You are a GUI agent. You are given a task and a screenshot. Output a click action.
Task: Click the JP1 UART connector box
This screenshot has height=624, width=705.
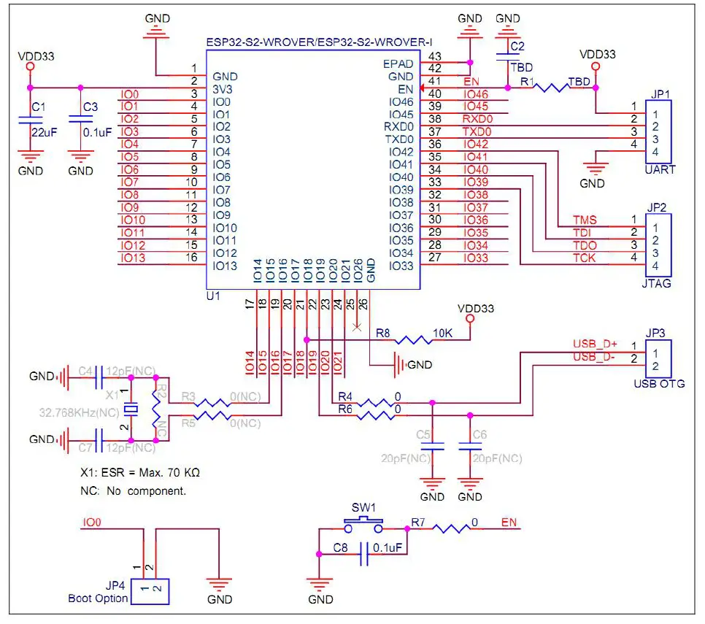(x=658, y=132)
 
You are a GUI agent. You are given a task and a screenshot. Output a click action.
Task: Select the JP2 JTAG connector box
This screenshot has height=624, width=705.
(x=658, y=245)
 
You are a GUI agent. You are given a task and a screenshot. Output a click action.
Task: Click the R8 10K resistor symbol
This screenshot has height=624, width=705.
(x=414, y=340)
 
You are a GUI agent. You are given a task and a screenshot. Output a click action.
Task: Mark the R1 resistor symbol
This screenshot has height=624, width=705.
(x=549, y=88)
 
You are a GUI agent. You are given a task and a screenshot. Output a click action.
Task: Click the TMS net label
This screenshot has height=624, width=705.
(x=584, y=220)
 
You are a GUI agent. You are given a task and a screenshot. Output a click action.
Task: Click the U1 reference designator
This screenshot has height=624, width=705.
(x=213, y=296)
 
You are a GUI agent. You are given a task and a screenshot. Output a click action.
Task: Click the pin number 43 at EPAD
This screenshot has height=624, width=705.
(x=435, y=56)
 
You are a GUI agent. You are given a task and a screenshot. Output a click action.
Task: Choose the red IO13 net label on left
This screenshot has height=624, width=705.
(x=133, y=258)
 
